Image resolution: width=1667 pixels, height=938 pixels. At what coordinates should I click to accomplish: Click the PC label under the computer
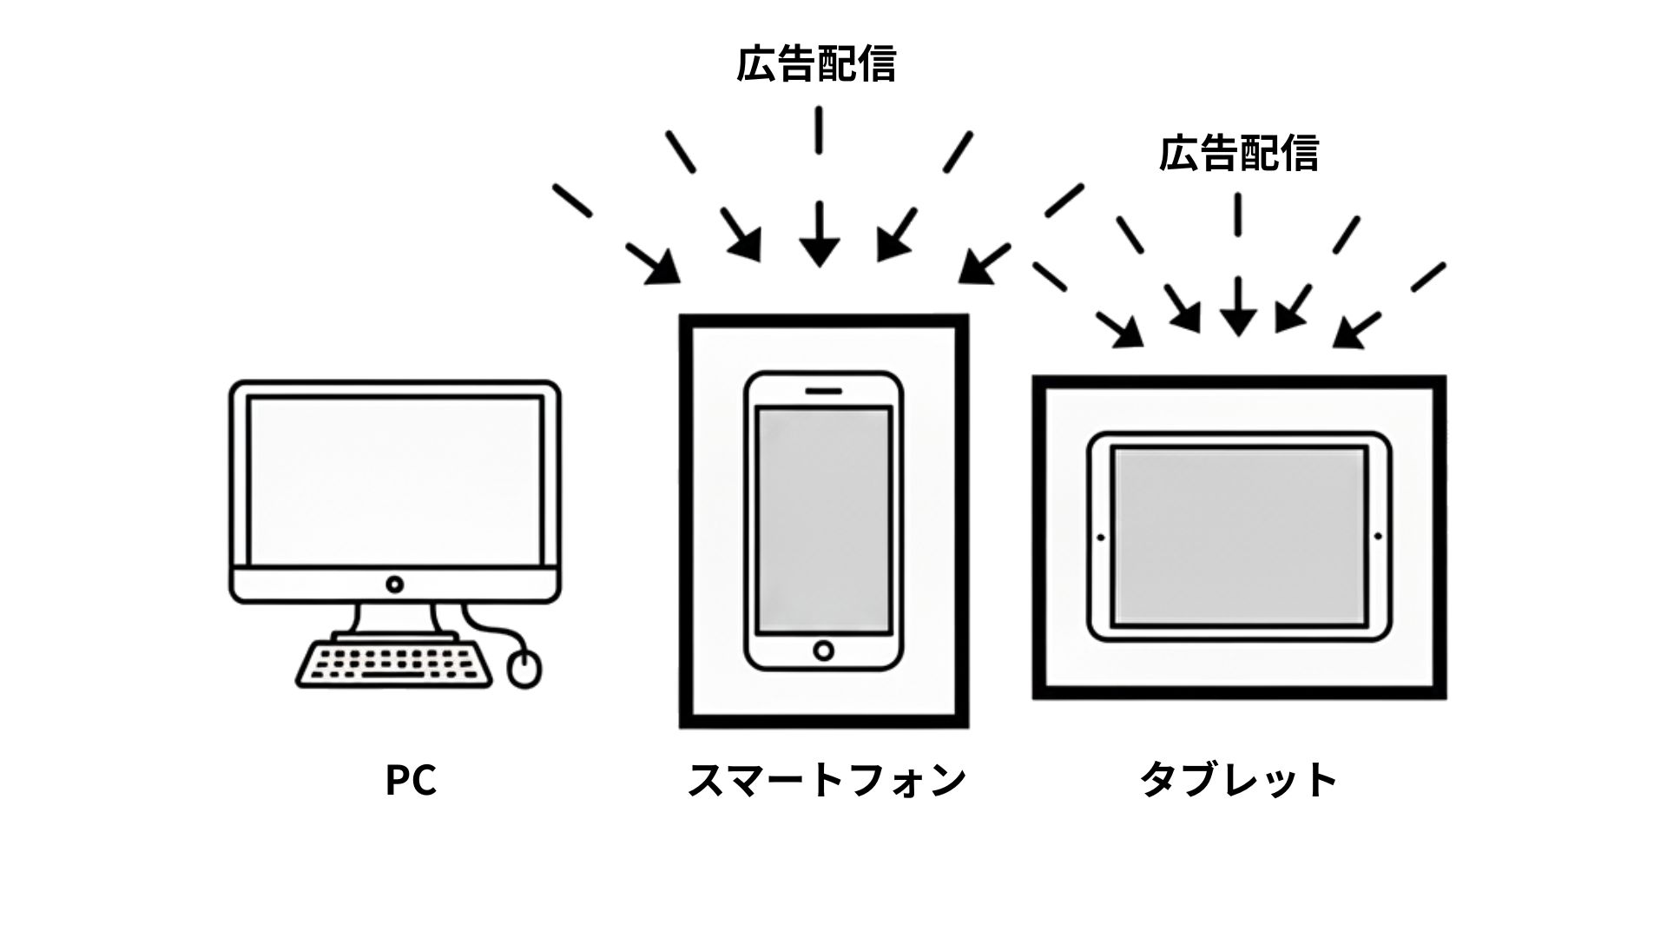(411, 780)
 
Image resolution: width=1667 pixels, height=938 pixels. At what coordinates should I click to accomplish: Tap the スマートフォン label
(826, 780)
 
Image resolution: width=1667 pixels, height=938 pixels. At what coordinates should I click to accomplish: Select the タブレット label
(1239, 780)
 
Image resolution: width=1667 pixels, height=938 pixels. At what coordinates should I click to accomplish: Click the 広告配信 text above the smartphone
(816, 65)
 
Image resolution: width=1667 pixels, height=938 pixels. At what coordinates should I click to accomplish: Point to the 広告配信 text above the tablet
(1239, 154)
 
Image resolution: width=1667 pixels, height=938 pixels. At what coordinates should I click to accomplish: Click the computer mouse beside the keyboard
(524, 669)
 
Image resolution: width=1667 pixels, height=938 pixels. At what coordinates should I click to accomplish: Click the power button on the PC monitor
(394, 584)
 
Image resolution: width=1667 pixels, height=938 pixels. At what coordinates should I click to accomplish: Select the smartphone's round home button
(823, 650)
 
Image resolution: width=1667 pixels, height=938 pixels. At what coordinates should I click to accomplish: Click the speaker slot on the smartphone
(823, 390)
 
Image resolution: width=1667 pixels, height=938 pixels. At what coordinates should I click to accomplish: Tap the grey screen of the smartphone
(823, 519)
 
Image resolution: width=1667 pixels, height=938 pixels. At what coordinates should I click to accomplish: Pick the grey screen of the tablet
(1239, 537)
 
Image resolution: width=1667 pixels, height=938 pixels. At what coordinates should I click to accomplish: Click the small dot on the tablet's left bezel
(1101, 538)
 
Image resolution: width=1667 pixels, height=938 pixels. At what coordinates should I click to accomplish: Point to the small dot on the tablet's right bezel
(1378, 538)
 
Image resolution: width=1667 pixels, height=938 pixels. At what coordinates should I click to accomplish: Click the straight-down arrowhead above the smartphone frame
(819, 252)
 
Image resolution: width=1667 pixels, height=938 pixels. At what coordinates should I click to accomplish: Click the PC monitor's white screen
(394, 480)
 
